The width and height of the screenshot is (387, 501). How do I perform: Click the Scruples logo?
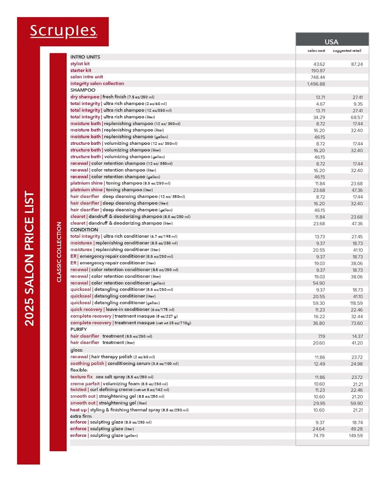63,31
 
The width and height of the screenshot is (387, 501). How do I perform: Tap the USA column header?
331,42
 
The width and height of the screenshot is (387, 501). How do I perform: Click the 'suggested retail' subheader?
347,51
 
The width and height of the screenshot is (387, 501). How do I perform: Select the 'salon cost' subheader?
316,51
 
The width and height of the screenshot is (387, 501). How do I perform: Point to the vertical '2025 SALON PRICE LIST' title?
29,258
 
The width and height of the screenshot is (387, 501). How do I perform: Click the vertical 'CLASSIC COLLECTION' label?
58,252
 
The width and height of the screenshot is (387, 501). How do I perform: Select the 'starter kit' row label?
81,70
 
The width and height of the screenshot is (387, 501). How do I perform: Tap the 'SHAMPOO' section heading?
82,90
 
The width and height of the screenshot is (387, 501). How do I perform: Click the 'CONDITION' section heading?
84,230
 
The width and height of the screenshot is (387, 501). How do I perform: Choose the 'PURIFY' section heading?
78,329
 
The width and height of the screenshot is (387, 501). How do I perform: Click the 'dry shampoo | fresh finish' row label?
112,97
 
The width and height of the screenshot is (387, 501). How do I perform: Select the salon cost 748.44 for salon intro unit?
317,77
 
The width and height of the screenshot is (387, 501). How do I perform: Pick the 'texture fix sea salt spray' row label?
112,377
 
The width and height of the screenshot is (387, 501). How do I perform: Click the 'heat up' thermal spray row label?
129,410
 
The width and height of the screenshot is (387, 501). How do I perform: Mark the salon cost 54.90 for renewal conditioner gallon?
318,283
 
